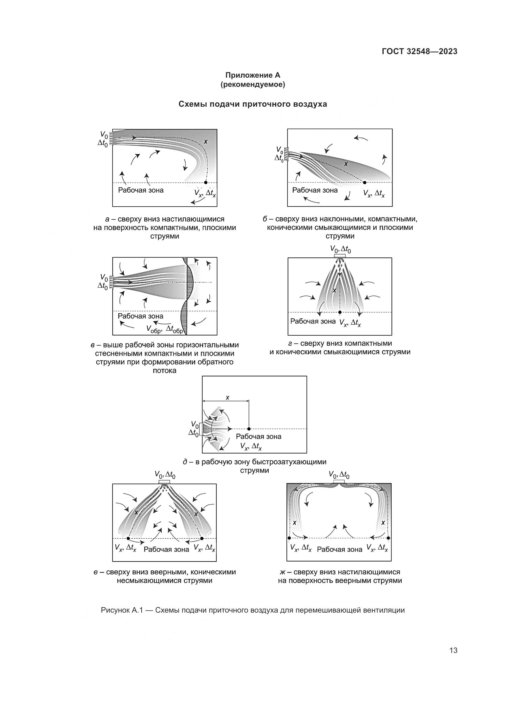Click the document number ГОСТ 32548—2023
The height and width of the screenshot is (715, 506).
pyautogui.click(x=419, y=52)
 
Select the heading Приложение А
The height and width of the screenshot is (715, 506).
pyautogui.click(x=253, y=75)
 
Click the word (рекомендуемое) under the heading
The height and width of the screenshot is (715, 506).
pyautogui.click(x=253, y=84)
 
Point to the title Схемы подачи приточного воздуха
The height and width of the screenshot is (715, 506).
pyautogui.click(x=253, y=104)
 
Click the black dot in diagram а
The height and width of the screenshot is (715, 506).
pyautogui.click(x=206, y=182)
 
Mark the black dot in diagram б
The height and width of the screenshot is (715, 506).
pyautogui.click(x=365, y=182)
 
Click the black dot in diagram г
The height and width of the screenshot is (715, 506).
pyautogui.click(x=340, y=312)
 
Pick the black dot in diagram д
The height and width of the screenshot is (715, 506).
pyautogui.click(x=249, y=429)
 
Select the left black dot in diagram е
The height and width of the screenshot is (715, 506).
pyautogui.click(x=128, y=538)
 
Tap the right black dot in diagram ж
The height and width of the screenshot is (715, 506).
pyautogui.click(x=388, y=538)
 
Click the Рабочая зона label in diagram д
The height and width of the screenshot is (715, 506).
pyautogui.click(x=258, y=437)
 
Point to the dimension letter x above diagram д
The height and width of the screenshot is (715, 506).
pyautogui.click(x=227, y=398)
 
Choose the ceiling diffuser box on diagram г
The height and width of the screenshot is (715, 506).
pyautogui.click(x=340, y=256)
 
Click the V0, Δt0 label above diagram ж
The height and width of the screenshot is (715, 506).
pyautogui.click(x=339, y=475)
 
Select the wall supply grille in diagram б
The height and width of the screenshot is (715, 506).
pyautogui.click(x=286, y=154)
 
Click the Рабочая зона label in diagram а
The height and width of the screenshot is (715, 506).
pyautogui.click(x=140, y=190)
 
